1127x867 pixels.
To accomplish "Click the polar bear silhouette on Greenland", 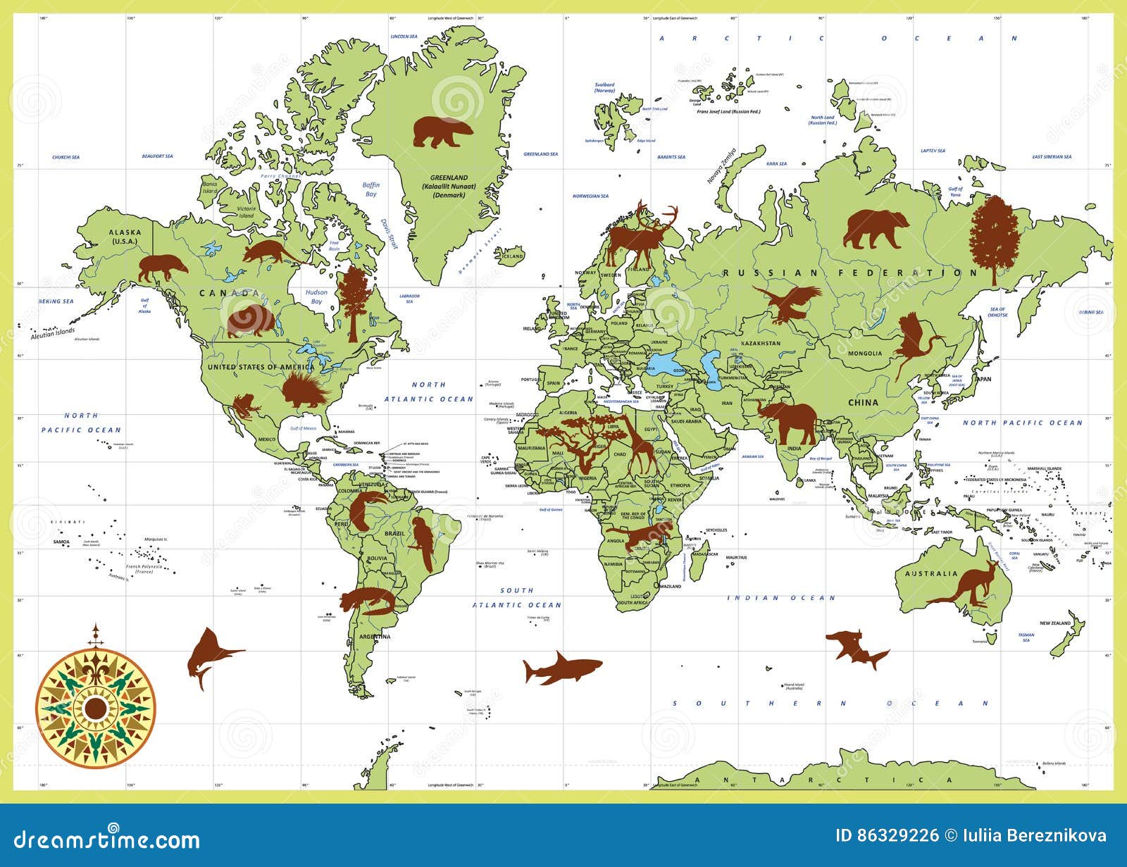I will coord(441,132).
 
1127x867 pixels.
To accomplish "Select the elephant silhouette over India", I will coord(790,421).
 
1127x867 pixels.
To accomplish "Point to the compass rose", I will coord(96,707).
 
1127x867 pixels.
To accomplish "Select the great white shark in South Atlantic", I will coord(562,668).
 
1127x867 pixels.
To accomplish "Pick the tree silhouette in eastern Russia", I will coord(994,238).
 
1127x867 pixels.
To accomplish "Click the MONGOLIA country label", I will coord(864,354).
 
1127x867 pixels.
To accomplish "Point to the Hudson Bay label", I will coord(316,297).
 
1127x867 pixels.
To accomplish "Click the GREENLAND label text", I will coord(449,178).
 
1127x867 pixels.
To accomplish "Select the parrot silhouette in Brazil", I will coord(423,543).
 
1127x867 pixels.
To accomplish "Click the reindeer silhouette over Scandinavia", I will coord(641,232).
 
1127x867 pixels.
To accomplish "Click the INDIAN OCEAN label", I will coord(781,598).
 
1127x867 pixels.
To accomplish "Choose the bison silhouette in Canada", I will coord(250,320).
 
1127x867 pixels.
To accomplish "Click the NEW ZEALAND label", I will coord(1055,623).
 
